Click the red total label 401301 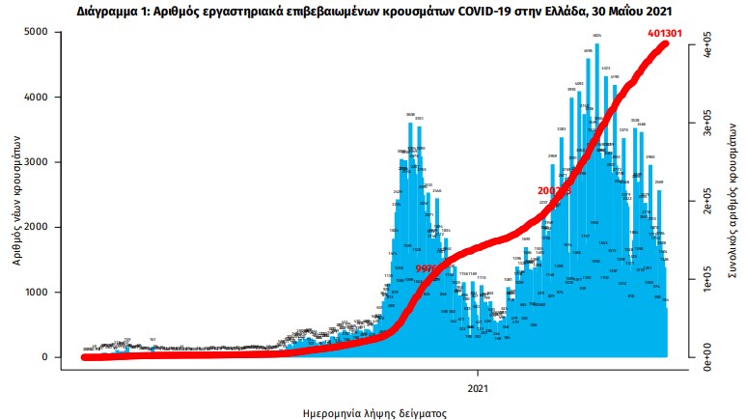[x=670, y=34]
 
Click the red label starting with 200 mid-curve [x=554, y=191]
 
